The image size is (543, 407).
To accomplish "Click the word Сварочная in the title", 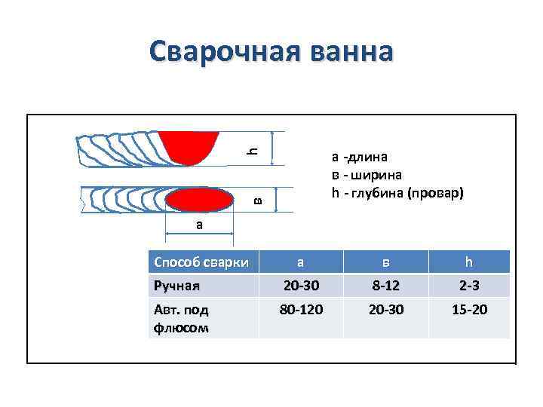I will (216, 51).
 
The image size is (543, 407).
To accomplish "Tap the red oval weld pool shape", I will (199, 200).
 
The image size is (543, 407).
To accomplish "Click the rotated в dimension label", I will (256, 200).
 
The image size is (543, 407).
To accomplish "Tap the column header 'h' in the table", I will (468, 262).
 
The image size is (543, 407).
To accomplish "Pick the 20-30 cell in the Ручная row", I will (299, 286).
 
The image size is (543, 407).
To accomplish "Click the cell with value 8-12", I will (385, 286).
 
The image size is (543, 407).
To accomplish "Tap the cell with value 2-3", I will (468, 286).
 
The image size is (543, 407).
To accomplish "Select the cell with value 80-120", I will (299, 309).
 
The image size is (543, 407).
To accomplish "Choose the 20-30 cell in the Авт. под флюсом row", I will (385, 309).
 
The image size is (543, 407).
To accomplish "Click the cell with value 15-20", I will (468, 309).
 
